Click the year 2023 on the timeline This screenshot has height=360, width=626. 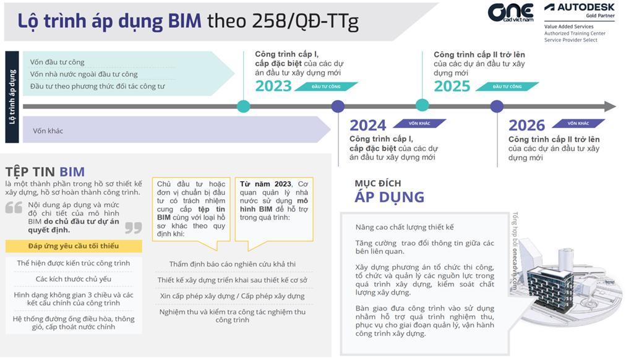pyautogui.click(x=273, y=86)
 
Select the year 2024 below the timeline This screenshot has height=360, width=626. pyautogui.click(x=367, y=126)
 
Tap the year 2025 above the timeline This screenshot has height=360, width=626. pyautogui.click(x=452, y=86)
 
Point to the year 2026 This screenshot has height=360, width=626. pyautogui.click(x=526, y=126)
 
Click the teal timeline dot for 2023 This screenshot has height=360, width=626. pyautogui.click(x=244, y=106)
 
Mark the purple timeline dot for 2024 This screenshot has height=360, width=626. pyautogui.click(x=338, y=106)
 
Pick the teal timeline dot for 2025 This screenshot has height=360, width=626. pyautogui.click(x=422, y=105)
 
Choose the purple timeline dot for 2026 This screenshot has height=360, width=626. pyautogui.click(x=497, y=106)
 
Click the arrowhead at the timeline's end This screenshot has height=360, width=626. pyautogui.click(x=610, y=106)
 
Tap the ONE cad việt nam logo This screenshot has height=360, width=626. pyautogui.click(x=510, y=13)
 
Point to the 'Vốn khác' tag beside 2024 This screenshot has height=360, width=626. pyautogui.click(x=419, y=123)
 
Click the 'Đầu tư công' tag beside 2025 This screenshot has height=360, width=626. pyautogui.click(x=507, y=87)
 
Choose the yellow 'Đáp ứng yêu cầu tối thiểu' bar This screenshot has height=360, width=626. pyautogui.click(x=74, y=246)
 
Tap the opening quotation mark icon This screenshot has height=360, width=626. pyautogui.click(x=14, y=208)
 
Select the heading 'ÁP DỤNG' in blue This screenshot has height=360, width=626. pyautogui.click(x=389, y=197)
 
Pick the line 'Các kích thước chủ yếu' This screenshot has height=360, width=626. pyautogui.click(x=74, y=279)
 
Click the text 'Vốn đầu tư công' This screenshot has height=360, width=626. pyautogui.click(x=57, y=62)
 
